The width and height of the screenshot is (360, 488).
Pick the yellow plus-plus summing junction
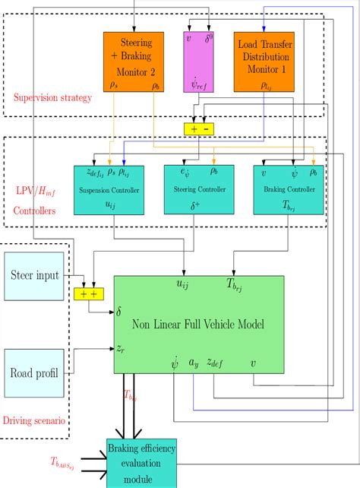point(88,293)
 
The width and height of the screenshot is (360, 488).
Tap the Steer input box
point(36,276)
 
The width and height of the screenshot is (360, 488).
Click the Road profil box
point(36,372)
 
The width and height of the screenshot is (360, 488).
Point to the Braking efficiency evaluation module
point(141,463)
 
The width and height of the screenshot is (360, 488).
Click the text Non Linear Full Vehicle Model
point(199,325)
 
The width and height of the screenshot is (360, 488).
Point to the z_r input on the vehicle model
point(121,347)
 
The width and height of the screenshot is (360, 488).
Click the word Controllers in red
point(35,208)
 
